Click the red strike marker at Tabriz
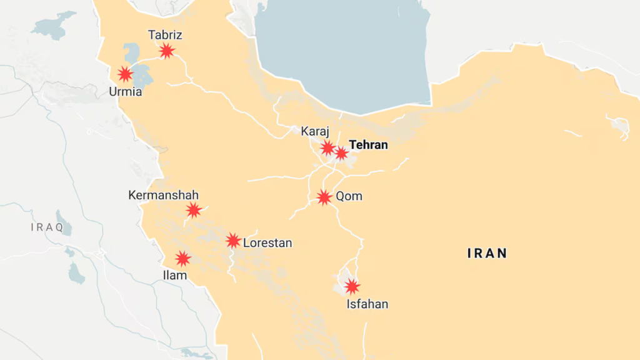click(166, 51)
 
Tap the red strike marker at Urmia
click(126, 74)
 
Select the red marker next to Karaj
click(327, 147)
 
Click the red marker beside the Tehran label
click(341, 152)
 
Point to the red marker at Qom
click(324, 197)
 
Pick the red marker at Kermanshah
click(194, 210)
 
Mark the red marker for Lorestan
click(233, 241)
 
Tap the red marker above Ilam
click(182, 258)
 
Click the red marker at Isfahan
click(352, 286)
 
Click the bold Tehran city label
click(368, 145)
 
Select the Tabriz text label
click(165, 35)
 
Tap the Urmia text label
click(125, 92)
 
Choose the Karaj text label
click(315, 131)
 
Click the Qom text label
click(349, 196)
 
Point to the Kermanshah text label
click(163, 195)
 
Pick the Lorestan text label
click(267, 243)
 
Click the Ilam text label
click(174, 275)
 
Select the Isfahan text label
click(367, 304)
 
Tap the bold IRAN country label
click(487, 253)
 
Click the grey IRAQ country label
click(47, 227)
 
